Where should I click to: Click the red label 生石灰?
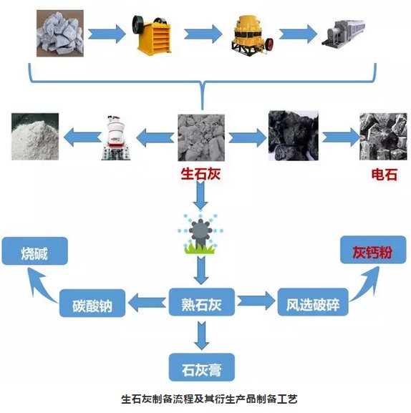pyautogui.click(x=200, y=174)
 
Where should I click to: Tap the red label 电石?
pyautogui.click(x=384, y=175)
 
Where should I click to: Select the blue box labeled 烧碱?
pyautogui.click(x=35, y=251)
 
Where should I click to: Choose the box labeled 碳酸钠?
pyautogui.click(x=92, y=303)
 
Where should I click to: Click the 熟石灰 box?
pyautogui.click(x=201, y=302)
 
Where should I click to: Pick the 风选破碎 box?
pyautogui.click(x=313, y=302)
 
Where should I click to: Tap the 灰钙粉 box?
pyautogui.click(x=373, y=250)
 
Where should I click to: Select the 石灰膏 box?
pyautogui.click(x=201, y=367)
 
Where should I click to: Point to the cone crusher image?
pyautogui.click(x=251, y=35)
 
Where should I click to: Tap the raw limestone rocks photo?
pyautogui.click(x=60, y=34)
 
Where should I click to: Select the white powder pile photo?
pyautogui.click(x=35, y=137)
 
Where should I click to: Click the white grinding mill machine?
pyautogui.click(x=116, y=137)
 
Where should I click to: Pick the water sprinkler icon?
pyautogui.click(x=200, y=234)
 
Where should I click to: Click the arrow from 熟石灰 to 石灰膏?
pyautogui.click(x=201, y=335)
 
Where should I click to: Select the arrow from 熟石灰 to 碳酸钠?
pyautogui.click(x=147, y=302)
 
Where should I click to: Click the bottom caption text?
pyautogui.click(x=209, y=399)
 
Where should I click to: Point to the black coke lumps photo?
pyautogui.click(x=294, y=136)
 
